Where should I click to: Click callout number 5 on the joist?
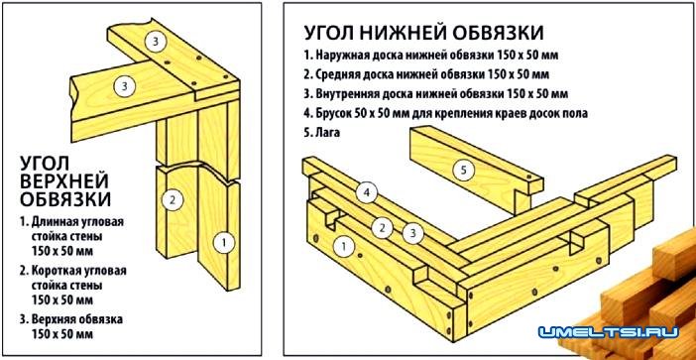coord(463,171)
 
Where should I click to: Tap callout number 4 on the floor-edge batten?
coord(367,193)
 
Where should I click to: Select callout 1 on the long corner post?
coord(224,243)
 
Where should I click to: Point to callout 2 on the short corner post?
coord(173,199)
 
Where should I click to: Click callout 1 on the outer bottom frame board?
coord(344,246)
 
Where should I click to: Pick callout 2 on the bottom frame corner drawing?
coord(382,228)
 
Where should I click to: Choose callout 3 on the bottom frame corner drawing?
coord(412,234)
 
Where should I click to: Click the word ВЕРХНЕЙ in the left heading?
coord(64,181)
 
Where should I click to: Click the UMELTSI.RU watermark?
coord(609,331)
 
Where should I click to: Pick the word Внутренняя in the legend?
coord(347,93)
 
